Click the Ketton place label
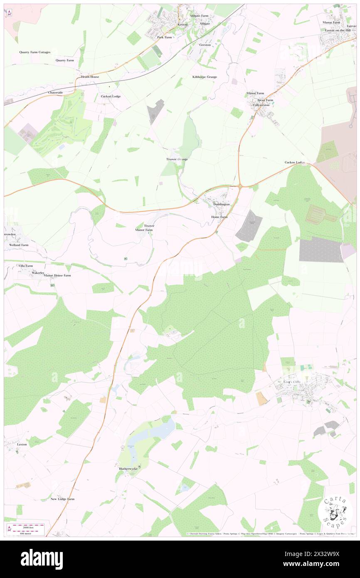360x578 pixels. pyautogui.click(x=182, y=25)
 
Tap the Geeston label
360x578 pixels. pyautogui.click(x=205, y=44)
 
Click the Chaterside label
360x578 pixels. pyautogui.click(x=55, y=92)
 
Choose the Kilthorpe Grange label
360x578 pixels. pyautogui.click(x=205, y=77)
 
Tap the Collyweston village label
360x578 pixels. pyautogui.click(x=261, y=105)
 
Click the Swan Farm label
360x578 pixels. pyautogui.click(x=265, y=100)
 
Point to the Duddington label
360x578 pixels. pyautogui.click(x=222, y=205)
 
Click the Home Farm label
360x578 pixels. pyautogui.click(x=219, y=217)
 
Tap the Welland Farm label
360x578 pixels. pyautogui.click(x=19, y=245)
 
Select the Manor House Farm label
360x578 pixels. pyautogui.click(x=57, y=275)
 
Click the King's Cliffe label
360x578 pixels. pyautogui.click(x=293, y=382)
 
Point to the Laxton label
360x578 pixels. pyautogui.click(x=22, y=444)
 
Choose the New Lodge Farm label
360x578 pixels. pyautogui.click(x=62, y=499)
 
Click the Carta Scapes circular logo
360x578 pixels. pyautogui.click(x=335, y=511)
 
